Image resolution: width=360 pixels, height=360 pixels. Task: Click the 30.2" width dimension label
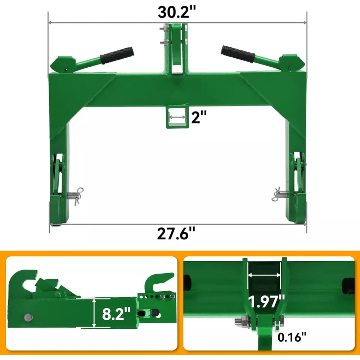[177, 12]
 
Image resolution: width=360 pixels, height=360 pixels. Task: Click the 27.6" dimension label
[176, 234]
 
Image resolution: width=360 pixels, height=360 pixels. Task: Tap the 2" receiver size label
[199, 117]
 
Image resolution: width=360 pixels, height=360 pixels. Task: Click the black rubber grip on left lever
[117, 55]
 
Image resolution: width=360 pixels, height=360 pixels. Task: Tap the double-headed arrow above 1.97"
[264, 275]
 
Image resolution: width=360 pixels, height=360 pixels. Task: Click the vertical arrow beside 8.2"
[94, 312]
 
